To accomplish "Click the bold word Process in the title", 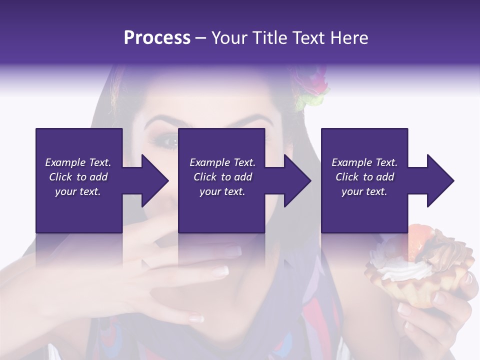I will click(157, 38).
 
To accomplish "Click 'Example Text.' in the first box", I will click(78, 162).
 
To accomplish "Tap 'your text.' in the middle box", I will click(222, 191).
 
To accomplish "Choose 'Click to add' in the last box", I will click(365, 177).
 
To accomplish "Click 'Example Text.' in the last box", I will click(365, 162).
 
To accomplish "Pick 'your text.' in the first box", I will click(78, 191).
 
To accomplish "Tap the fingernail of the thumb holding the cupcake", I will click(439, 298).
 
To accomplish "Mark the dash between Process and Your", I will click(201, 38).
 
